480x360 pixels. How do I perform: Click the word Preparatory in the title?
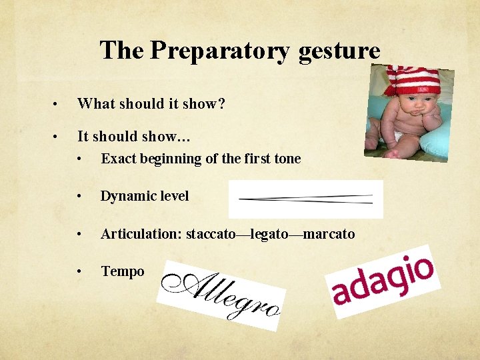point(221,51)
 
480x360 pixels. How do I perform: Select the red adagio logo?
point(383,281)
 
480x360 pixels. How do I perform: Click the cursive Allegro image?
point(223,294)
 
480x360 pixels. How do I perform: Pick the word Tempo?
point(123,271)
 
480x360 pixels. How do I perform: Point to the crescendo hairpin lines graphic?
point(305,199)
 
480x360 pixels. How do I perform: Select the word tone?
point(287,159)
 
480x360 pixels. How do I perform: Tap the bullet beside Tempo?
point(79,271)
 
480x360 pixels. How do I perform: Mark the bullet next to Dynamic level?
point(79,196)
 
